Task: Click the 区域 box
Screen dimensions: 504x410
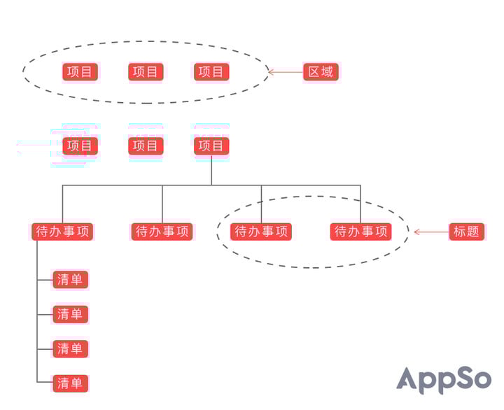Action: (321, 71)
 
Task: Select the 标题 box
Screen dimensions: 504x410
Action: (466, 232)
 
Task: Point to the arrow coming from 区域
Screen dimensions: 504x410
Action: (286, 72)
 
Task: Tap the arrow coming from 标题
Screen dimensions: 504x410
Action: (431, 232)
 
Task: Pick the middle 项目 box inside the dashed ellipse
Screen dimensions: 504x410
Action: (146, 71)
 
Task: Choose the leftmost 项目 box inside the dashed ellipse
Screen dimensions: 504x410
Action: (80, 71)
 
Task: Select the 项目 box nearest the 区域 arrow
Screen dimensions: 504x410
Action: (211, 71)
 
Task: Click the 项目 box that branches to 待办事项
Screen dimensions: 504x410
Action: (211, 146)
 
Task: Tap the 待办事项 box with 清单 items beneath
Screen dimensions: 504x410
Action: (62, 232)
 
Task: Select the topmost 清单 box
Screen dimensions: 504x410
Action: (71, 280)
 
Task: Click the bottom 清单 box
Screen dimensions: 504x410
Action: (71, 383)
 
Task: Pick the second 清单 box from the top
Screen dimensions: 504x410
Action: (71, 314)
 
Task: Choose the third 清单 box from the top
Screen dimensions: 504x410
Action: (71, 348)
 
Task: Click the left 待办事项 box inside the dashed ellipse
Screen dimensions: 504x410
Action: (261, 232)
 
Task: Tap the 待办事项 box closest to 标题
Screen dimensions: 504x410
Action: (360, 232)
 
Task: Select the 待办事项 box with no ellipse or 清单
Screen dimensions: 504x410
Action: (162, 232)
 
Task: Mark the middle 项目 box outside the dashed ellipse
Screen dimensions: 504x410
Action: (146, 146)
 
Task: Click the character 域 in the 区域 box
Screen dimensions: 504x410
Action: (327, 71)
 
